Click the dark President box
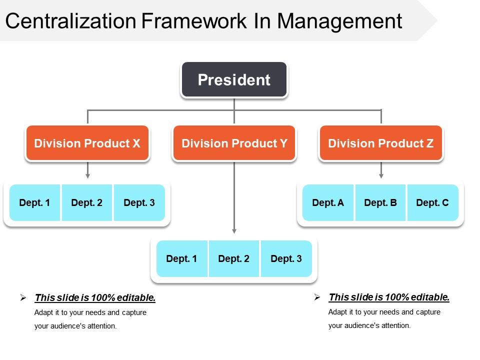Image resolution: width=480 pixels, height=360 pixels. (234, 79)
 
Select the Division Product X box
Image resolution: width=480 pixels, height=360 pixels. (87, 143)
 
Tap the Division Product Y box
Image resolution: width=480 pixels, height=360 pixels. (234, 143)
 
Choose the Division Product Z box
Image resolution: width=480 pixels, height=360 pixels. (380, 143)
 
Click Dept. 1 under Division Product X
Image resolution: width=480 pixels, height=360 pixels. (34, 202)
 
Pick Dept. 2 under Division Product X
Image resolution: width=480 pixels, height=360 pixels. (87, 202)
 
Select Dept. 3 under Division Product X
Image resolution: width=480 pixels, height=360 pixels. (139, 202)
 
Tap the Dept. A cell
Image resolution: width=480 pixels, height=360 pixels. (328, 202)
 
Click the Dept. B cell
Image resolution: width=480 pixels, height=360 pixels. (380, 202)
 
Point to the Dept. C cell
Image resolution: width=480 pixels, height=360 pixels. (432, 202)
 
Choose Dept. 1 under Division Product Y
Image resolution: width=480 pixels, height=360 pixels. (181, 258)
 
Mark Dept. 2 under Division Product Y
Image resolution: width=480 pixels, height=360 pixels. (234, 258)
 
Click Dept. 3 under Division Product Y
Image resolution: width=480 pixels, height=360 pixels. (286, 258)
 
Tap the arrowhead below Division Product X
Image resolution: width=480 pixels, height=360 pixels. (87, 175)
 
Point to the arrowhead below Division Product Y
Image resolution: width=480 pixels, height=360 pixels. (234, 231)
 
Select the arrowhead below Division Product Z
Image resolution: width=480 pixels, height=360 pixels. (381, 175)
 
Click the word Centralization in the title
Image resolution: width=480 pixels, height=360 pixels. (70, 21)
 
